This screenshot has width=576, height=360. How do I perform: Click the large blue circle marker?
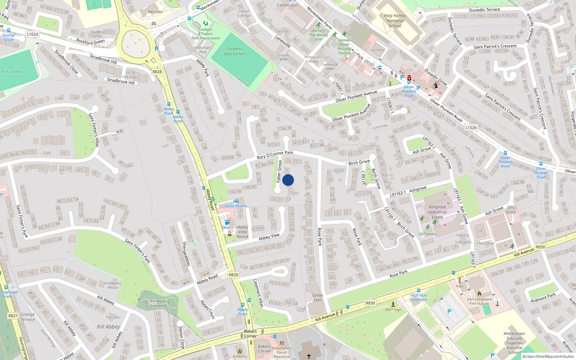(x=288, y=180)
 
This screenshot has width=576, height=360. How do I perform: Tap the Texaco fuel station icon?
(x=227, y=222)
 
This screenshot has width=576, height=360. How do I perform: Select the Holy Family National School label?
(x=395, y=21)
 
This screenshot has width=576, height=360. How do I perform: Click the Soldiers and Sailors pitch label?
(x=235, y=51)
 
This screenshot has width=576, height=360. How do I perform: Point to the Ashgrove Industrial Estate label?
(x=437, y=212)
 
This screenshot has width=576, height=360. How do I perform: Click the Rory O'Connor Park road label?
(x=275, y=155)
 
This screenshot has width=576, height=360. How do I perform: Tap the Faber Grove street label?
(x=279, y=171)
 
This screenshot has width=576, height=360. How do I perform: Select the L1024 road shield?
(x=32, y=34)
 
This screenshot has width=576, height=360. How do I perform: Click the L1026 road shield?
(x=471, y=127)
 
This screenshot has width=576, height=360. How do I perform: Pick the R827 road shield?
(x=13, y=316)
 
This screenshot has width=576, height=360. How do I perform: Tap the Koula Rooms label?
(x=236, y=206)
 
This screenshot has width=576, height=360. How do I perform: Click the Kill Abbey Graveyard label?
(x=158, y=303)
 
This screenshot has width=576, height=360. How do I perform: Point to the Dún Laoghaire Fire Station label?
(x=479, y=301)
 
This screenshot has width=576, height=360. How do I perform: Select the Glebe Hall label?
(x=318, y=298)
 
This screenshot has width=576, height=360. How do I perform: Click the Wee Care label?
(x=155, y=12)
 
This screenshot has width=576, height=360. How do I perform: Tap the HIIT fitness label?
(x=427, y=234)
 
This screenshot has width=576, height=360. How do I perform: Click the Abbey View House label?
(x=242, y=232)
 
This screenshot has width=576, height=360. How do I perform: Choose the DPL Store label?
(x=511, y=210)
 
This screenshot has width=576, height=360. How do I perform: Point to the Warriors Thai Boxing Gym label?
(x=318, y=35)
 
